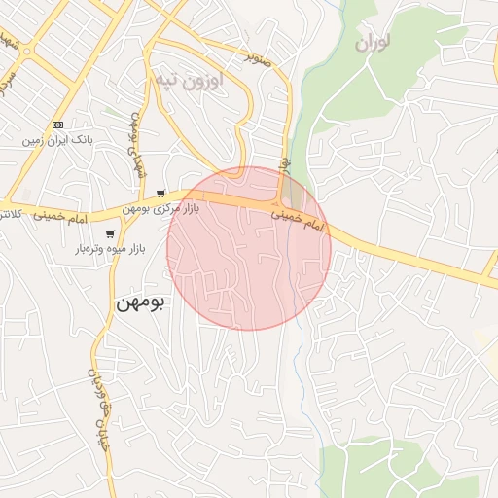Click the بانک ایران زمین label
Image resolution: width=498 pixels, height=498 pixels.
(x=59, y=141)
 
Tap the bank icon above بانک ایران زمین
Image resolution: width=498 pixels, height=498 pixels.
(x=57, y=125)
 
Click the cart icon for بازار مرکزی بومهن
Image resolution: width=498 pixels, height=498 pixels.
(x=160, y=194)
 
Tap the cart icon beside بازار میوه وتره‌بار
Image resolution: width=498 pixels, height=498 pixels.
(x=110, y=233)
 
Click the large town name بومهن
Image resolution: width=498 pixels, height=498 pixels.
(x=141, y=302)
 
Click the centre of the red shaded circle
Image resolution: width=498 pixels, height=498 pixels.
(x=249, y=248)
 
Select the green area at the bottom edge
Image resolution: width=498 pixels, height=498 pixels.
(x=399, y=477)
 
